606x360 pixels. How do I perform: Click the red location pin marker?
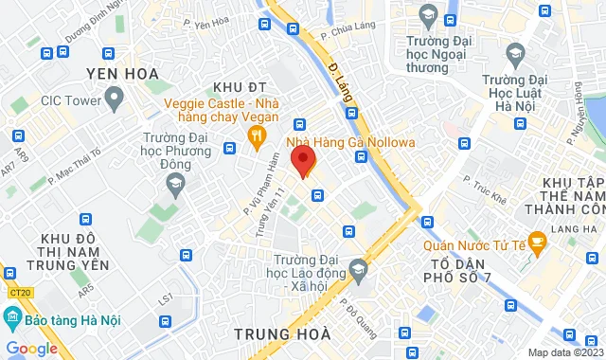pos(302,161)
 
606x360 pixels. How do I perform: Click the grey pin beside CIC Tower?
pos(116,97)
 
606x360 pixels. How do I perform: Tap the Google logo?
pos(31,349)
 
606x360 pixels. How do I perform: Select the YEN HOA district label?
pos(121,73)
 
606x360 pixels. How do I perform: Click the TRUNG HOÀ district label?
pos(282,333)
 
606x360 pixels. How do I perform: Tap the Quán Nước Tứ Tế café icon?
pos(536,241)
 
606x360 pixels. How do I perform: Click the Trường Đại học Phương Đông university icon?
pos(171,186)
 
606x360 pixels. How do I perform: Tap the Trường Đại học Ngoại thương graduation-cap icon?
pos(428,17)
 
